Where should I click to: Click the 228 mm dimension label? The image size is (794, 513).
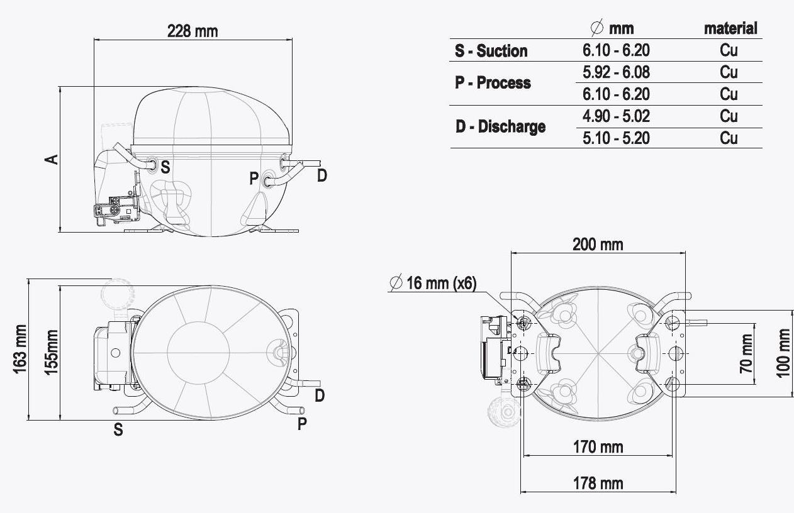click(x=193, y=31)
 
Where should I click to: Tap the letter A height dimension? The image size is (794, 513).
click(x=52, y=160)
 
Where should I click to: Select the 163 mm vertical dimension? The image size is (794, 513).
click(x=20, y=349)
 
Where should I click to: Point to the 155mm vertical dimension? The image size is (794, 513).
click(x=51, y=352)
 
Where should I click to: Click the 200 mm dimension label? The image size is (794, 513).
click(x=598, y=245)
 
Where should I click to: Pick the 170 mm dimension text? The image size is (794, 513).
click(x=598, y=447)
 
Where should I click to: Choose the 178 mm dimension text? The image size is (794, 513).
click(x=598, y=483)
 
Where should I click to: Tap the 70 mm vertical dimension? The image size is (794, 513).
click(x=747, y=353)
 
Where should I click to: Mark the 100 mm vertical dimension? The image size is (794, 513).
click(x=783, y=353)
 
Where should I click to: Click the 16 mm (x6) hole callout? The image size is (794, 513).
click(x=433, y=283)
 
